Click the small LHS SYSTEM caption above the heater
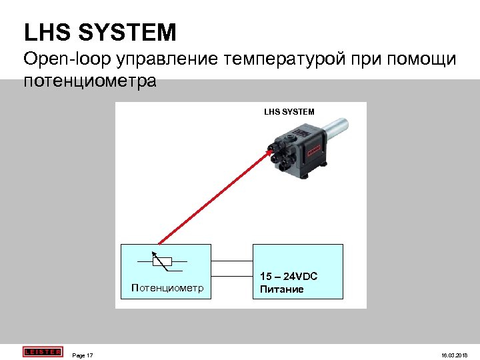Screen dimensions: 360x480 point(289,111)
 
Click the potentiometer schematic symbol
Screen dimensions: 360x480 point(163,262)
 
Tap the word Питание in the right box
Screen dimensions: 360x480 point(282,289)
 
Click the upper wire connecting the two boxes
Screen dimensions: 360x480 point(232,261)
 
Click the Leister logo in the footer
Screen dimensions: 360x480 point(42,351)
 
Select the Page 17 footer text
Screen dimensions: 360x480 point(83,355)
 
